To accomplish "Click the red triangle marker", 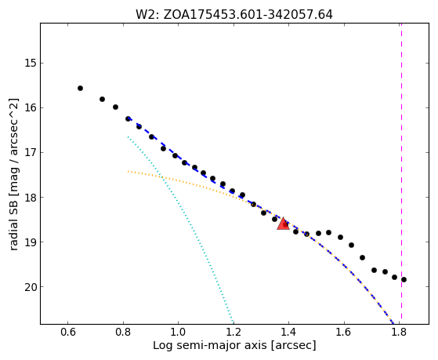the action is click(283, 224).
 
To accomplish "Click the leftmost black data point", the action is click(80, 88).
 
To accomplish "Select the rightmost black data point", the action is click(404, 279).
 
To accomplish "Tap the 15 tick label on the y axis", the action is click(31, 63).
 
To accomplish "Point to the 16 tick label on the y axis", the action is click(31, 107).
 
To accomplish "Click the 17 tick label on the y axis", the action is click(31, 152).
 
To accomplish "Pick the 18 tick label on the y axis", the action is click(31, 197).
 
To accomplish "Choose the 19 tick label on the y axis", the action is click(31, 242).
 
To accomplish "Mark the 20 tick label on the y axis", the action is click(31, 287).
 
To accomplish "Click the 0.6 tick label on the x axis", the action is click(67, 332).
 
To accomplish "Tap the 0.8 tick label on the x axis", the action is click(123, 332).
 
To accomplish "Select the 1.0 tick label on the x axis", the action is click(178, 332).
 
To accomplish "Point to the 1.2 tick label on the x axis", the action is click(233, 332).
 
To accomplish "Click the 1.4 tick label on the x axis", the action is click(289, 332).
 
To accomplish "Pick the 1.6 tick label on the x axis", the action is click(344, 332).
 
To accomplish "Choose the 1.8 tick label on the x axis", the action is click(400, 332).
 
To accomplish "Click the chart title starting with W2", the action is click(234, 14).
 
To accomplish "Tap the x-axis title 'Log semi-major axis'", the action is click(210, 346).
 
